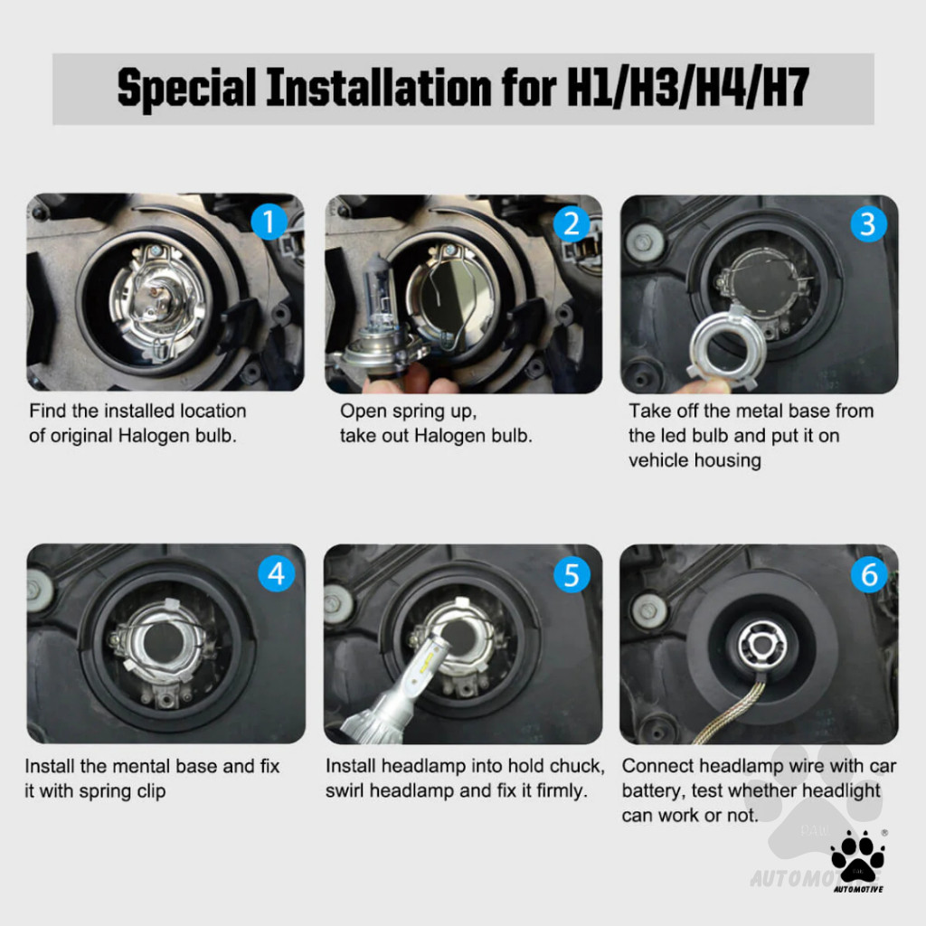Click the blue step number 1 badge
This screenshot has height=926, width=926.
click(269, 222)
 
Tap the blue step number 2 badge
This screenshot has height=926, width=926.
click(572, 224)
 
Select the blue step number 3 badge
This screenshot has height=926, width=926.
click(868, 224)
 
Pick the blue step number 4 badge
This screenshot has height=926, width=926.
click(277, 572)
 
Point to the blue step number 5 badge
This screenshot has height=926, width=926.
click(572, 574)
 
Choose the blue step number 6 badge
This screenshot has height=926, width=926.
click(869, 574)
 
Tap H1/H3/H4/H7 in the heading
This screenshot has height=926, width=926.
click(687, 88)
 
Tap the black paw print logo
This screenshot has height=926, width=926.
click(857, 855)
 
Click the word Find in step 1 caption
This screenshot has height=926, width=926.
click(48, 411)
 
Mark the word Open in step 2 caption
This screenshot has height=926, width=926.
click(362, 411)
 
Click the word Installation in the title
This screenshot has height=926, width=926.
click(379, 88)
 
